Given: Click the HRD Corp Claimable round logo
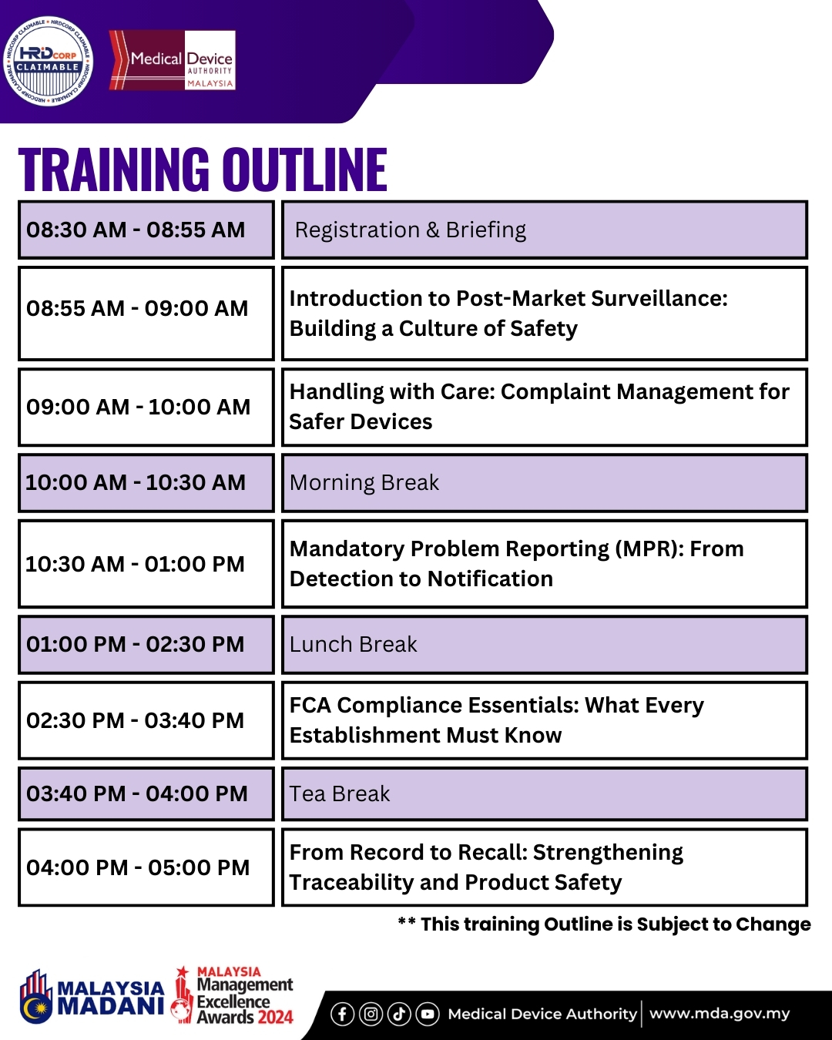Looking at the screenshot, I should [48, 61].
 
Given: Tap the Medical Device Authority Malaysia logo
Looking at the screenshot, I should [173, 60].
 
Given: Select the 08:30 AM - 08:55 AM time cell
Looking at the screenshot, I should [146, 230].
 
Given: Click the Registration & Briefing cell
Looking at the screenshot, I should [544, 230].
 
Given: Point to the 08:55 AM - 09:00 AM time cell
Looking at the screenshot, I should [146, 313].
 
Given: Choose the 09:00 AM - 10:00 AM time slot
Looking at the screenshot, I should [146, 407].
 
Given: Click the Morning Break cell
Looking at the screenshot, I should [544, 483].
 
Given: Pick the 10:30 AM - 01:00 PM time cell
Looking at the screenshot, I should [146, 564].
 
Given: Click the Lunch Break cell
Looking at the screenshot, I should [544, 644].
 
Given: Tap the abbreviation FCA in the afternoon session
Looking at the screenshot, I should [310, 705].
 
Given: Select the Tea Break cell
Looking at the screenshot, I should [544, 793].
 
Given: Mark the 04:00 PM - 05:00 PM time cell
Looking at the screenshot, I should [146, 867].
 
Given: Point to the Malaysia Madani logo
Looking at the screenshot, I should [92, 997].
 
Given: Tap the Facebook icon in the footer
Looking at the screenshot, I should [342, 1014].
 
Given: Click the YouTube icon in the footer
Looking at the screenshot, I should [428, 1014].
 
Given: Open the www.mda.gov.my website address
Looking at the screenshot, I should [720, 1013].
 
